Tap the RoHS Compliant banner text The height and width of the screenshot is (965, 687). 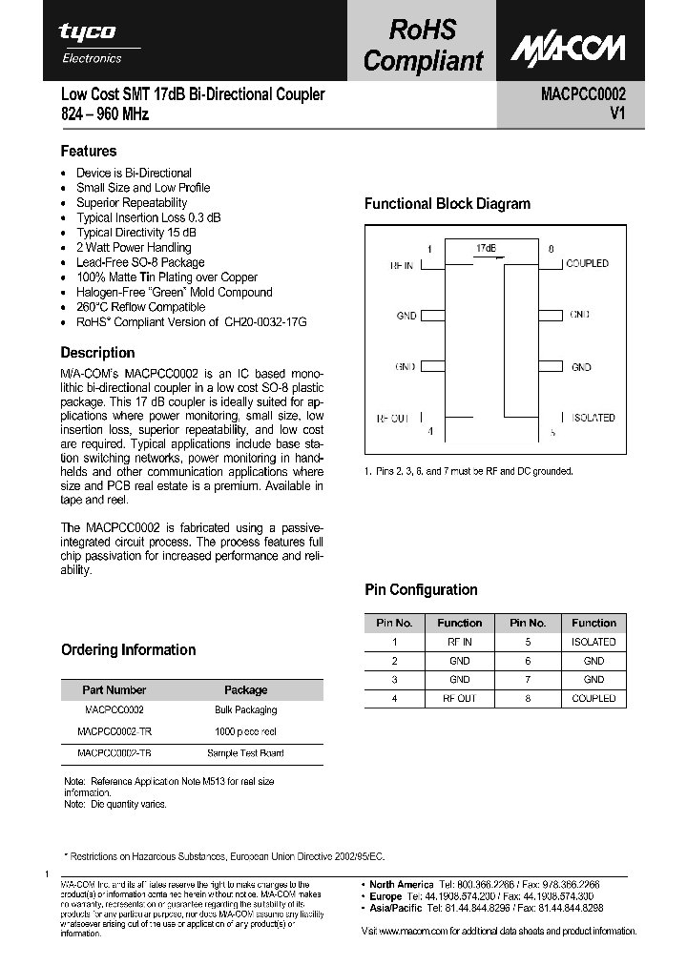[x=424, y=45]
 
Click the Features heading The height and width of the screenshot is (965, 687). [x=89, y=151]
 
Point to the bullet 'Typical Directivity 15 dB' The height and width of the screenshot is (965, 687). [x=136, y=233]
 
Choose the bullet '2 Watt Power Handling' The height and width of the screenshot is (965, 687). [x=134, y=247]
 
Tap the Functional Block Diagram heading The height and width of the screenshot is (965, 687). [x=448, y=203]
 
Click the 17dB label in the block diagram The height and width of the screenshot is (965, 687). [x=486, y=248]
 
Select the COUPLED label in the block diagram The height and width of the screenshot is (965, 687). [x=587, y=263]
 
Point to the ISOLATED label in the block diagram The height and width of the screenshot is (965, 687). [x=593, y=418]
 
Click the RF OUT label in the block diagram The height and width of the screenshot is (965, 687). [x=394, y=418]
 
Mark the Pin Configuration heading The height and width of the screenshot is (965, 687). [x=421, y=589]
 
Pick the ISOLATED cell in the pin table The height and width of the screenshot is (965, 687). [x=593, y=642]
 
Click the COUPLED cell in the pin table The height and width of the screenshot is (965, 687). [x=593, y=698]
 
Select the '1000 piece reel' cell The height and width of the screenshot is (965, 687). [x=245, y=731]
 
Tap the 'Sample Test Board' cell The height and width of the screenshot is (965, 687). [x=245, y=752]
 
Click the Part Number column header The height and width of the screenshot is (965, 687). [x=114, y=689]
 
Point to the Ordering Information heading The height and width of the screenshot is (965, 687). [x=128, y=649]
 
